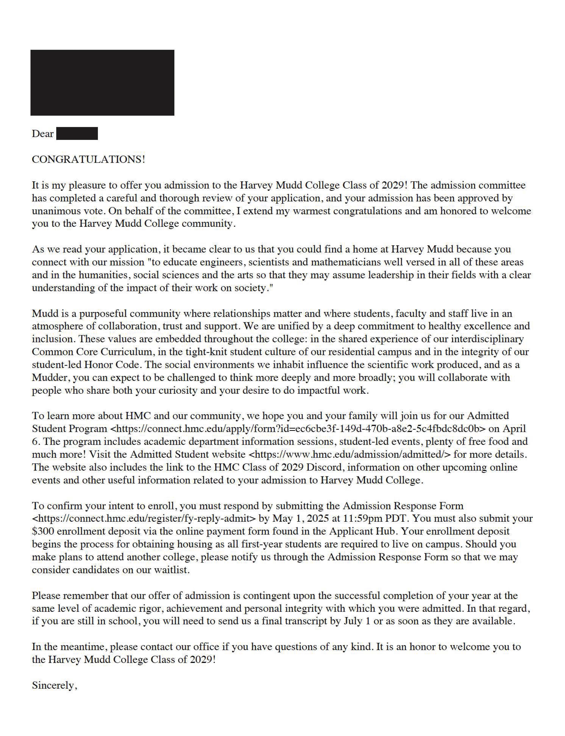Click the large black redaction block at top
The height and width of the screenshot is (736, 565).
[102, 83]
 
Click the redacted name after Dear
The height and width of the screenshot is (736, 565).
[77, 133]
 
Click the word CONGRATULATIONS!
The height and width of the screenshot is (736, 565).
[88, 159]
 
